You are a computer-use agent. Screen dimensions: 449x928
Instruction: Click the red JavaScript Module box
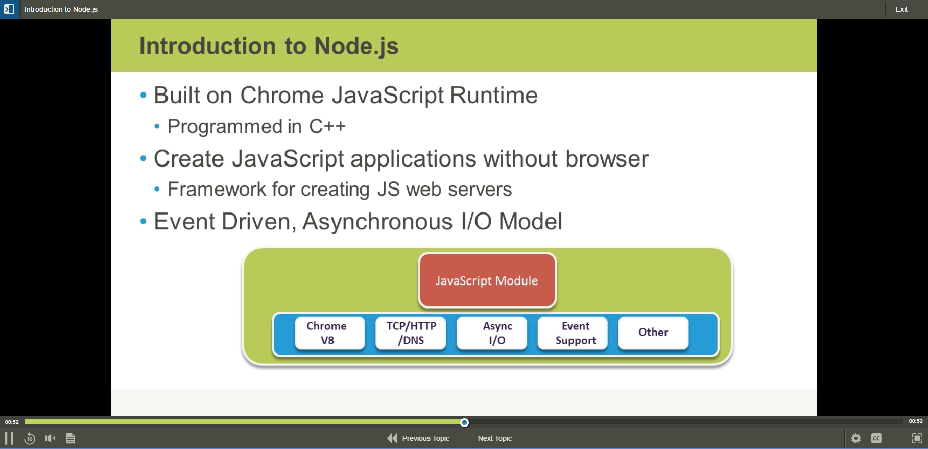click(x=487, y=280)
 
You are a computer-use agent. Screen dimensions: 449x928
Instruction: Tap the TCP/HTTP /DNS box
click(x=411, y=333)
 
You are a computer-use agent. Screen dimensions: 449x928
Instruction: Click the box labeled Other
click(x=653, y=332)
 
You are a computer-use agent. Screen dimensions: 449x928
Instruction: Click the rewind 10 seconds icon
click(x=30, y=438)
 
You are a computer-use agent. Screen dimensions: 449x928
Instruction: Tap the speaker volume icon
click(x=50, y=438)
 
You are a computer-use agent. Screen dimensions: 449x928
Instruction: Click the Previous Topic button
click(x=419, y=438)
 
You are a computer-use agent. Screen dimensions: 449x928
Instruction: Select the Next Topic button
click(x=494, y=438)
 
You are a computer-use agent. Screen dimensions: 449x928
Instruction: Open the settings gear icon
click(x=856, y=438)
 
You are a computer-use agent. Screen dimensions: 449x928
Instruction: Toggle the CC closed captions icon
click(x=876, y=438)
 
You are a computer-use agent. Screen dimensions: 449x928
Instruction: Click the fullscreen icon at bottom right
click(x=917, y=438)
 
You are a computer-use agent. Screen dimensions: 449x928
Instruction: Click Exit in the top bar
click(x=901, y=9)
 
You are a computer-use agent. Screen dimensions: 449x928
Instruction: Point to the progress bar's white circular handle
click(x=464, y=422)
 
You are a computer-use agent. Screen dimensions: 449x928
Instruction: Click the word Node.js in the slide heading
click(x=356, y=46)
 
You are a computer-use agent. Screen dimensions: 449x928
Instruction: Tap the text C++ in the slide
click(x=327, y=126)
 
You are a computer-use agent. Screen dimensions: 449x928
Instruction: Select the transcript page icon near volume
click(x=70, y=438)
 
